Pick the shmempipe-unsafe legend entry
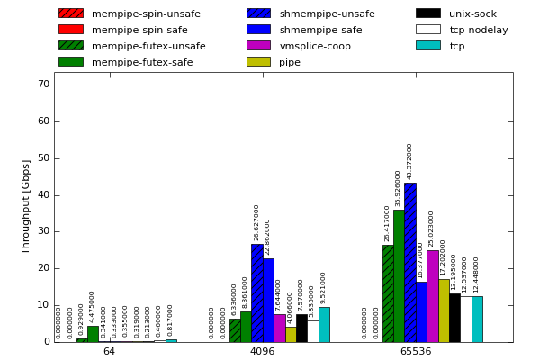pos(310,13)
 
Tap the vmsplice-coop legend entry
pos(301,46)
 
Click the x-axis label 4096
pos(262,351)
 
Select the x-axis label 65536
pos(415,351)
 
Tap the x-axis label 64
pos(109,351)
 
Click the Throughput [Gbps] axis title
pos(26,207)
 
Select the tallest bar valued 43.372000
pos(410,262)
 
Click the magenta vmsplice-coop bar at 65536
pos(433,296)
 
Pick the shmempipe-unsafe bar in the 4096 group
pos(257,292)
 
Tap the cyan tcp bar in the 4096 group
pos(324,324)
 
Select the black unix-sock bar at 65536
pos(454,317)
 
